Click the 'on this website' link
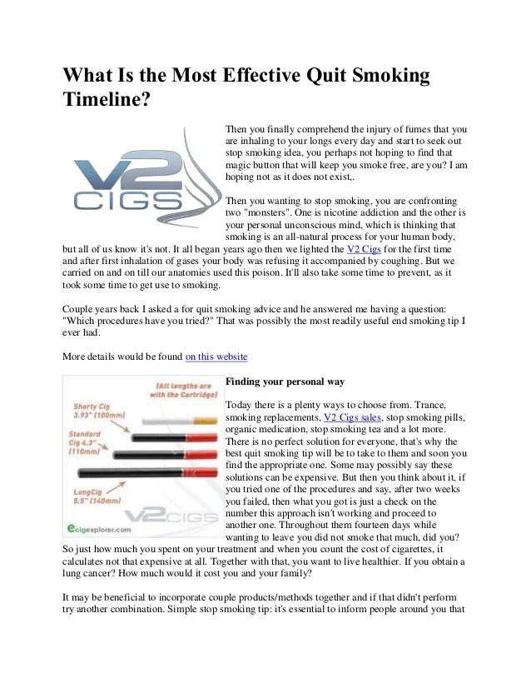pos(216,356)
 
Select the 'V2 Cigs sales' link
pos(352,416)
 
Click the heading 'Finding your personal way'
pos(285,381)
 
